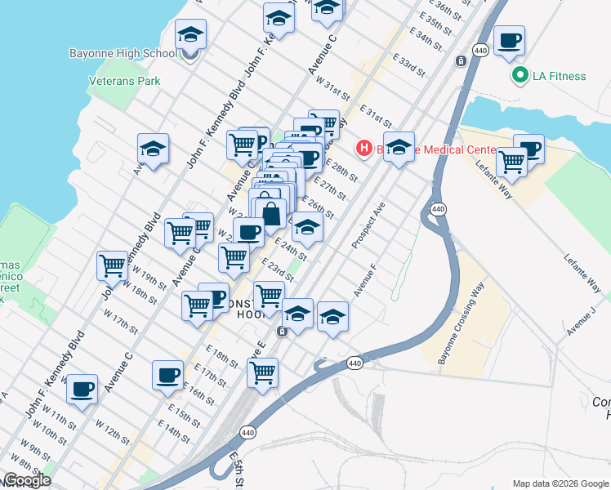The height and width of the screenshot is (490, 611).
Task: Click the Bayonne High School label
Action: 123,54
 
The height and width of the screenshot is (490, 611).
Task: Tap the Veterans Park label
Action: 124,81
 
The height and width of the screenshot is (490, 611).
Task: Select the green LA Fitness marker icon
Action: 519,76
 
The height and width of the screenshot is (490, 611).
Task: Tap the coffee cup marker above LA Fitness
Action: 509,39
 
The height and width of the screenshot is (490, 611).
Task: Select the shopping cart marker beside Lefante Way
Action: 511,161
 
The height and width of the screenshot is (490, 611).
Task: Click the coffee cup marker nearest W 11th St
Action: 81,388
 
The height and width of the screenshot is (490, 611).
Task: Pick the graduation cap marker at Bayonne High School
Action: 190,33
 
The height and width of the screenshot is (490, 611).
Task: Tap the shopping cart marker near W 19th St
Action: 111,264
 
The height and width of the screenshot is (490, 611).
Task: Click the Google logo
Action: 27,480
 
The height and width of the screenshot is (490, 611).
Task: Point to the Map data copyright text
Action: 560,483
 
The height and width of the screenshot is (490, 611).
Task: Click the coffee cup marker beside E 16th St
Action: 167,375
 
